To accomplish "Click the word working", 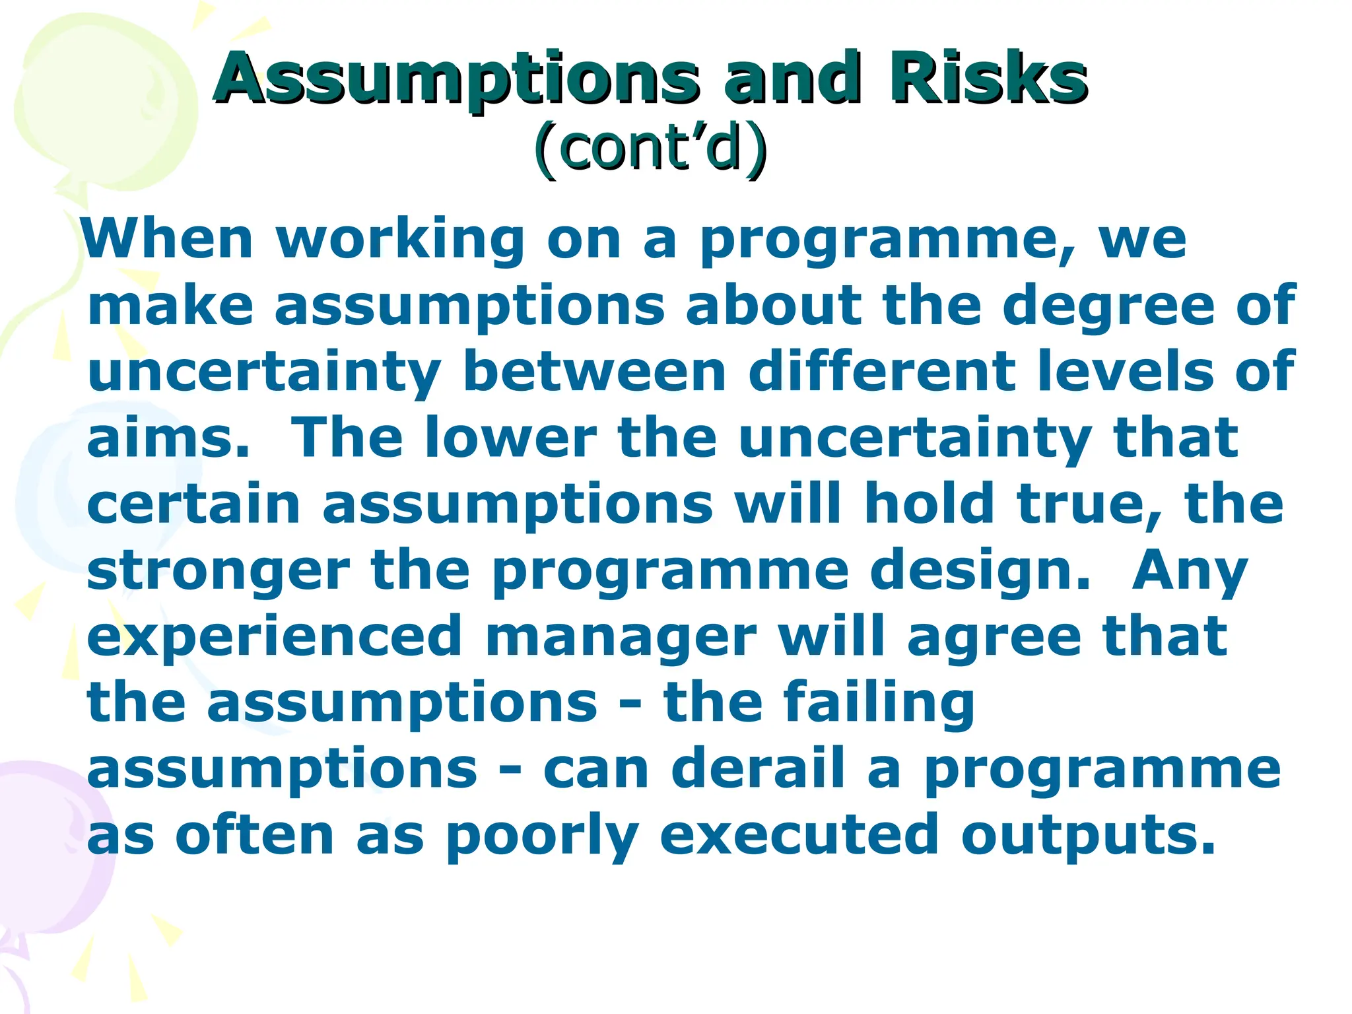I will click(x=401, y=240).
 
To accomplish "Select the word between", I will click(x=594, y=372).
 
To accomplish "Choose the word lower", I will click(x=510, y=438).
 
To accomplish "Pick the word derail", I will click(x=759, y=768).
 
